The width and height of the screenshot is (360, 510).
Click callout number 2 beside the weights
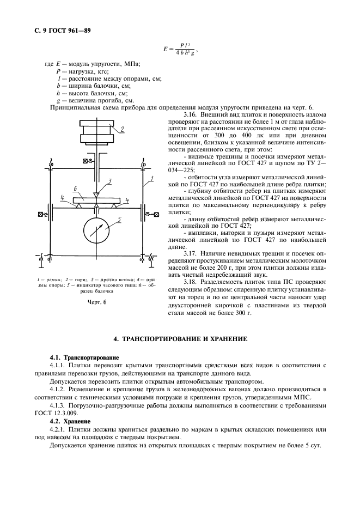124,129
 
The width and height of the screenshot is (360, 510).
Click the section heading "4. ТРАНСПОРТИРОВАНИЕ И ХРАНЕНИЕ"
180,339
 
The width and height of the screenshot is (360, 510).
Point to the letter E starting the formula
164,49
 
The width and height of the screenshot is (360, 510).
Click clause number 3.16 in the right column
191,114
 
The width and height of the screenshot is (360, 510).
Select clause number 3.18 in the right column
191,282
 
